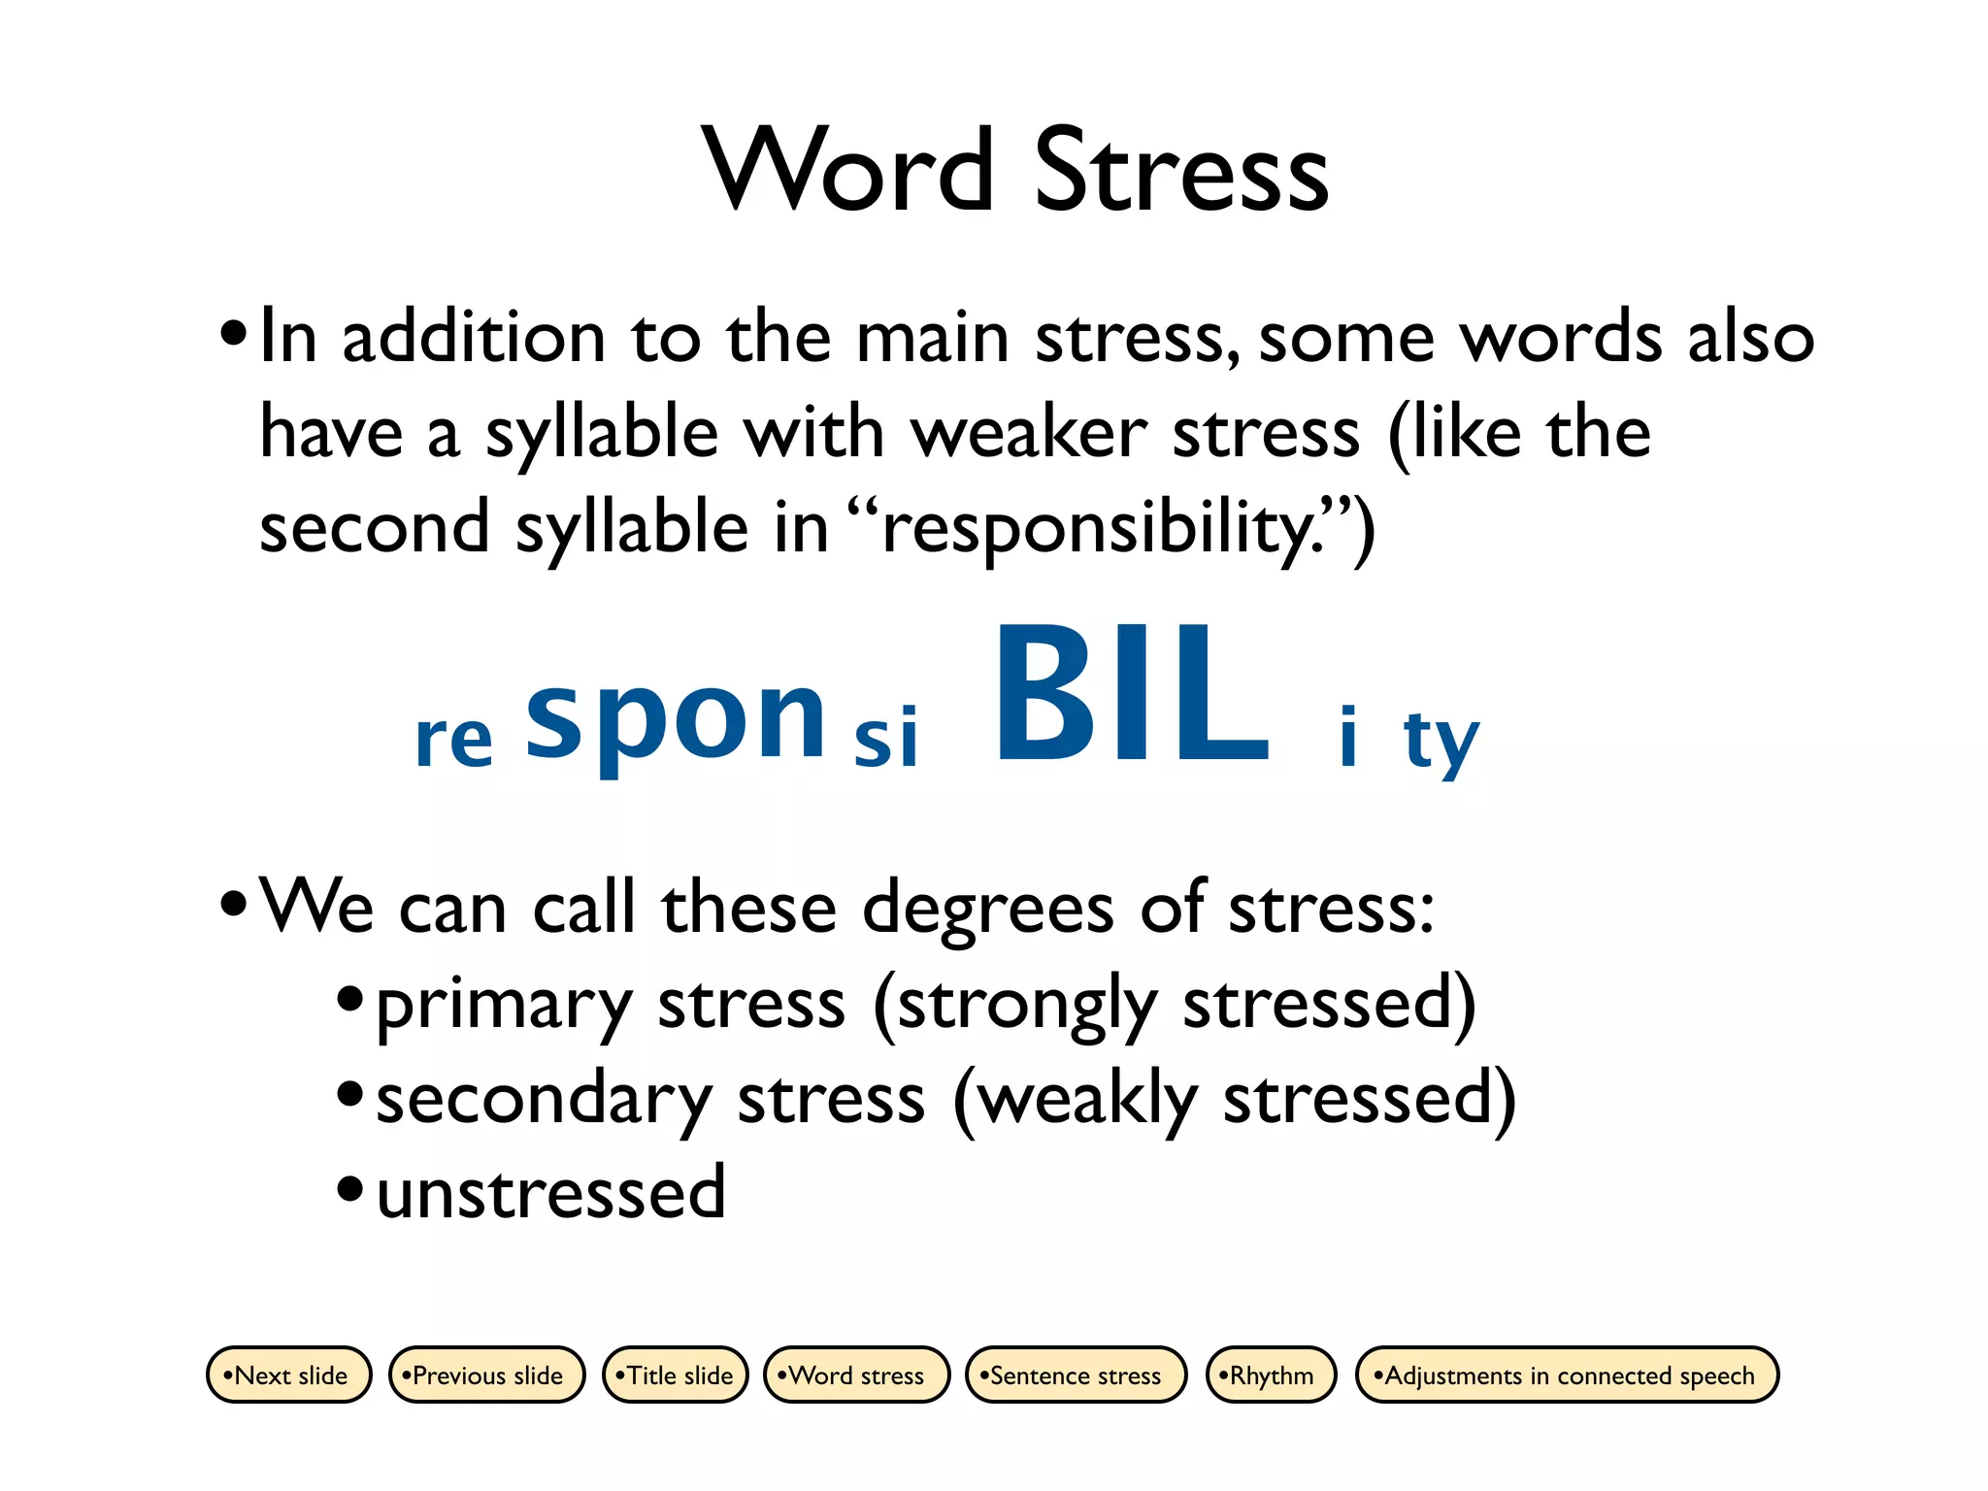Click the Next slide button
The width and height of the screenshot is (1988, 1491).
[289, 1375]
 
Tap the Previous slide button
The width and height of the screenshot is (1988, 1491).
[486, 1375]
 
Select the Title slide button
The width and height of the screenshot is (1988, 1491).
[676, 1375]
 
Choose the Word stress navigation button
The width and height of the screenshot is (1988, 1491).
[856, 1375]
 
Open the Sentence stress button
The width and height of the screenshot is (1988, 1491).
[1076, 1375]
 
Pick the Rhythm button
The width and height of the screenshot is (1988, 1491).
[1271, 1375]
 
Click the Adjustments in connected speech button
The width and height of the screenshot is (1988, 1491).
[1567, 1375]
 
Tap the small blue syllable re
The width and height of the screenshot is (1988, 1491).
[453, 740]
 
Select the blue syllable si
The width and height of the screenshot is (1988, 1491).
[885, 736]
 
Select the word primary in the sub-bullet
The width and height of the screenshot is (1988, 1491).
[504, 1006]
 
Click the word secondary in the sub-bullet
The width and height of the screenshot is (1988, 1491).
[544, 1100]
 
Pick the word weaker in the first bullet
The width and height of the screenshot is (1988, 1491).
[1029, 433]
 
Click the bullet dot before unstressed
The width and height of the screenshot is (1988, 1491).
[349, 1188]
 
